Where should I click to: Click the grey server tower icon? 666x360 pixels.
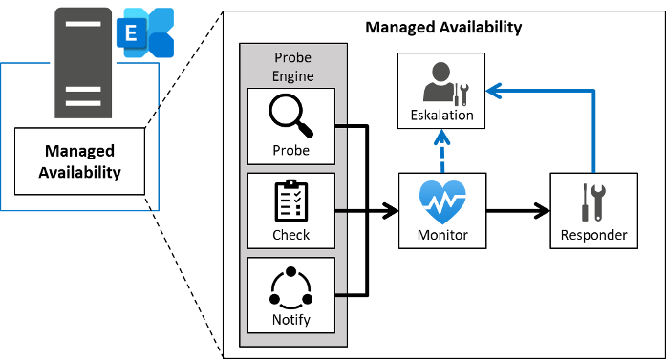[x=83, y=63]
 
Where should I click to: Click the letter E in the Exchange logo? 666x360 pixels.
[x=129, y=34]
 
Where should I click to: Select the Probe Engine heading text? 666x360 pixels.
[x=291, y=66]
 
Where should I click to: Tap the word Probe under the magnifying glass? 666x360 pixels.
[x=291, y=151]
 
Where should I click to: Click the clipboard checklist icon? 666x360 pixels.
[x=290, y=201]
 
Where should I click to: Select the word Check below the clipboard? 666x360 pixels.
[x=291, y=235]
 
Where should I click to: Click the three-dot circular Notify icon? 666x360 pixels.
[x=290, y=286]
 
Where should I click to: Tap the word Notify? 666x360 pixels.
[x=291, y=319]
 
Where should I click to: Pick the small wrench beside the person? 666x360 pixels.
[x=461, y=94]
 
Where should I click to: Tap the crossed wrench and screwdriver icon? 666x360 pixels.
[x=593, y=201]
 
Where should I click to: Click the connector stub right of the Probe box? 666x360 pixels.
[x=341, y=125]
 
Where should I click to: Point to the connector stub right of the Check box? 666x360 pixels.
[x=341, y=209]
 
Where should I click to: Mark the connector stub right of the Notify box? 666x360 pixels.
[x=341, y=294]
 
